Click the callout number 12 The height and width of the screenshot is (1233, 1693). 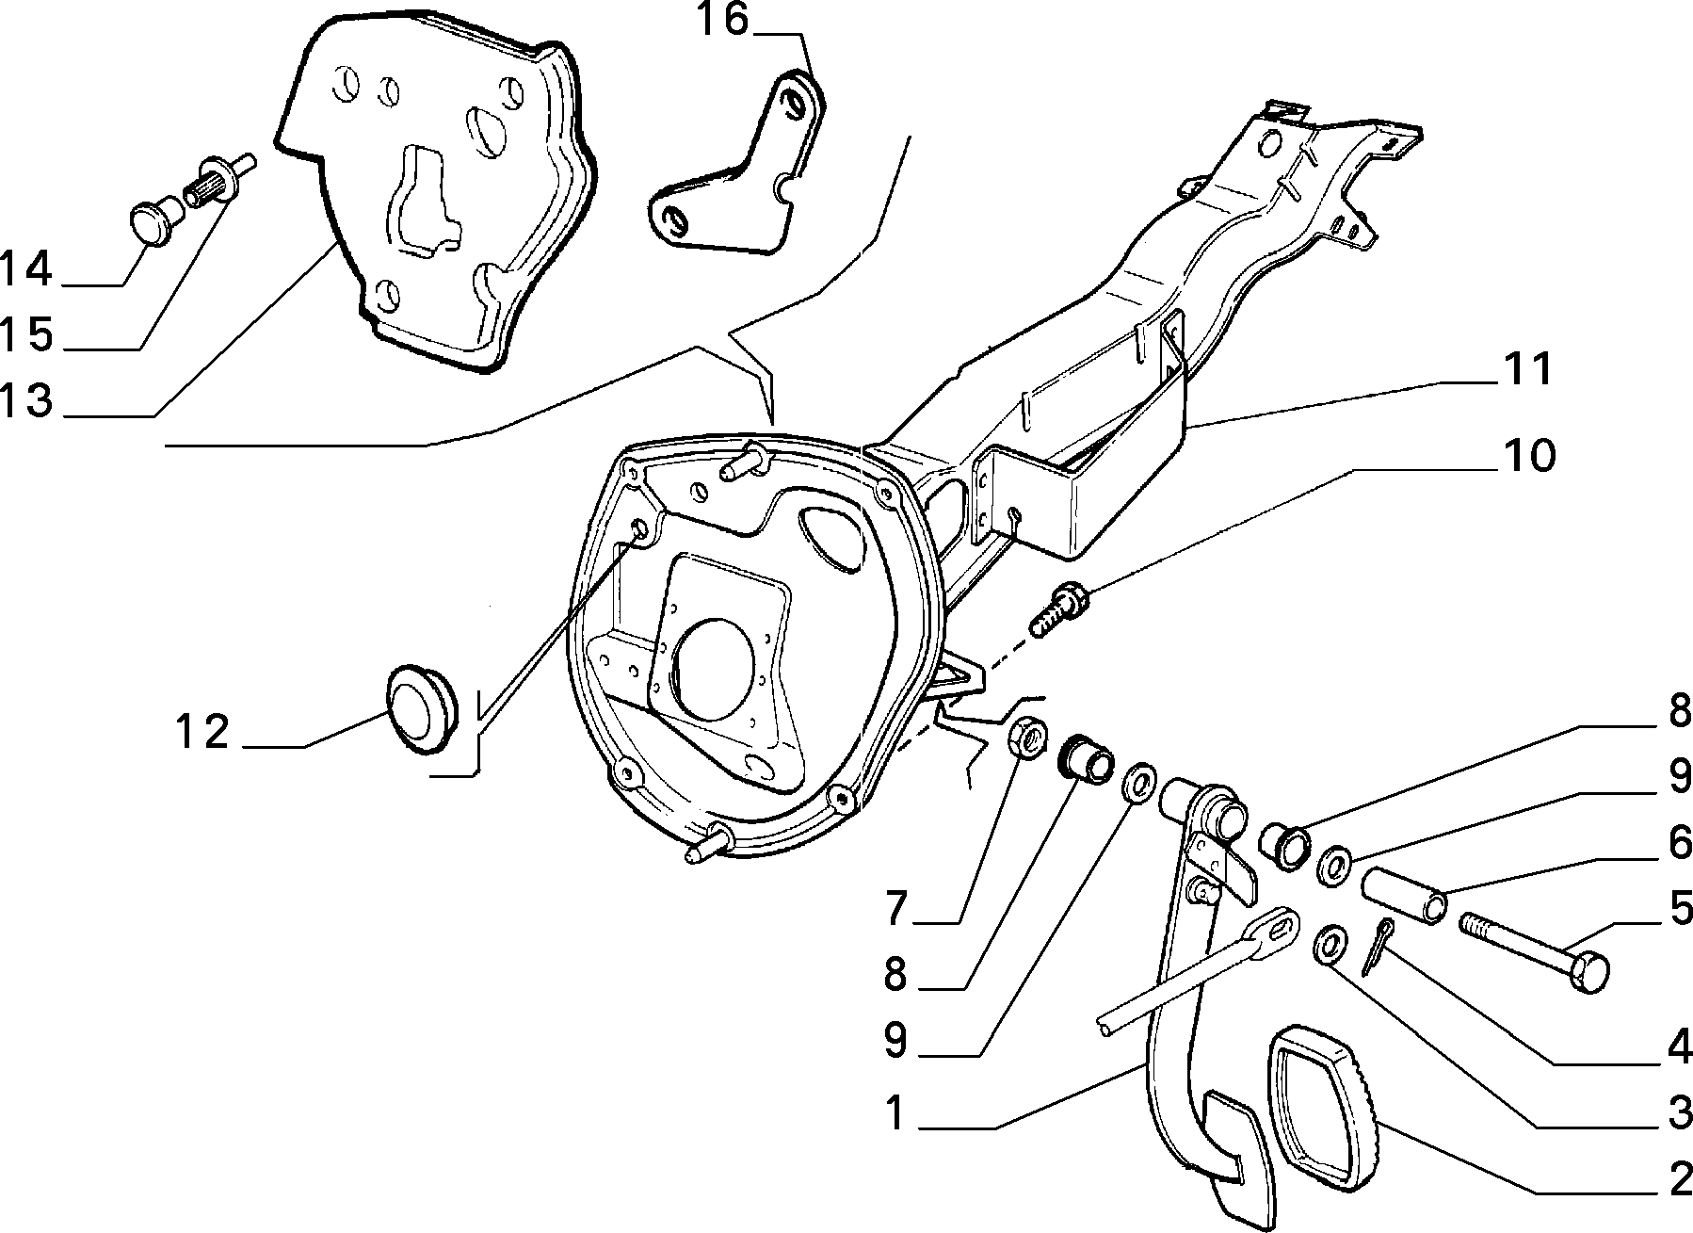tap(202, 732)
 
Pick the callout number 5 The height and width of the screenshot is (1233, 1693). tap(1680, 909)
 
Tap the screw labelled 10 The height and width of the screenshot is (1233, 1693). tap(1059, 609)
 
